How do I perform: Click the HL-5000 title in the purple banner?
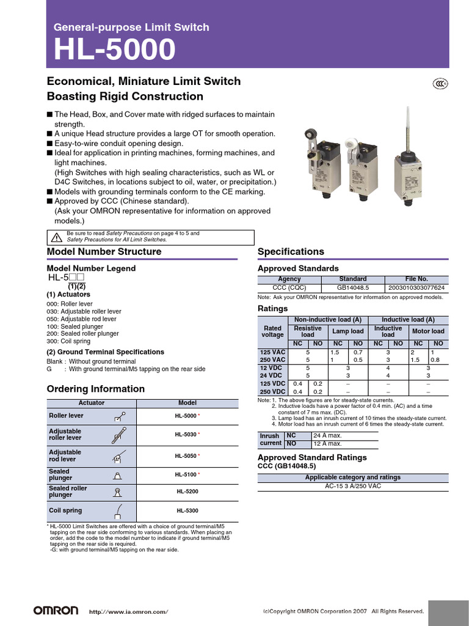tap(114, 50)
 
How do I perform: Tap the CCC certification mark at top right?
tap(440, 84)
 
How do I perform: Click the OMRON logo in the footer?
tap(56, 611)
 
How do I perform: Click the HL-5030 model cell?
tap(187, 435)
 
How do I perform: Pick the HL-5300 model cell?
tap(187, 510)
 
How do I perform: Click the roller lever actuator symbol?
tap(120, 416)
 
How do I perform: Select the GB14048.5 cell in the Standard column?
tap(352, 287)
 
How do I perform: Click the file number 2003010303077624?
tap(416, 287)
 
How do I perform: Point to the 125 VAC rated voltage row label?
tap(272, 353)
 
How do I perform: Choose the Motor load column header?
tap(428, 331)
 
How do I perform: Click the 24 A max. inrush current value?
tap(327, 435)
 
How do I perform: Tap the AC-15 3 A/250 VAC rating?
tap(353, 487)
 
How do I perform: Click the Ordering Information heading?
tap(96, 389)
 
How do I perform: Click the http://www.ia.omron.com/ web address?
tap(128, 611)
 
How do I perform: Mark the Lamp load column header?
tap(347, 331)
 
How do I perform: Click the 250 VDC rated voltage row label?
tap(272, 391)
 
